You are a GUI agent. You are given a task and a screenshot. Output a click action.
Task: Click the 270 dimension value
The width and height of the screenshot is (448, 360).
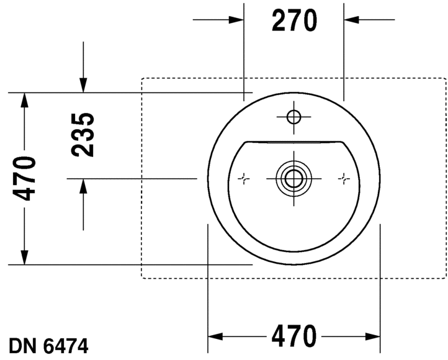[294, 20]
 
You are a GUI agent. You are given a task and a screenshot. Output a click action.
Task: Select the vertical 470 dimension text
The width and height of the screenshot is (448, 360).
[25, 179]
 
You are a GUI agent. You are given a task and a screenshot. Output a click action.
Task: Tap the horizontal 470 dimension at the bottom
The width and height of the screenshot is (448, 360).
[293, 337]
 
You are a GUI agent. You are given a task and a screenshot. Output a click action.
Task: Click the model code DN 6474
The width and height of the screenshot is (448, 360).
[48, 346]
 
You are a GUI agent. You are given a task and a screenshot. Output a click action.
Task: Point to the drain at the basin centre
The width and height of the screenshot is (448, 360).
[293, 178]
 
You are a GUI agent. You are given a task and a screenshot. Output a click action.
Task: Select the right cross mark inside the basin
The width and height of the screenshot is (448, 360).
[343, 179]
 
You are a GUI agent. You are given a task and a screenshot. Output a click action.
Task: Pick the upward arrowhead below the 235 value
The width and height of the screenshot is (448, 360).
[83, 186]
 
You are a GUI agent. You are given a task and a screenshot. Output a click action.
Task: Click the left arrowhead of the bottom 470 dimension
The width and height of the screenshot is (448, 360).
[215, 337]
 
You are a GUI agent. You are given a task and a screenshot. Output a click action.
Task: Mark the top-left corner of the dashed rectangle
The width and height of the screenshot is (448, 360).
[142, 78]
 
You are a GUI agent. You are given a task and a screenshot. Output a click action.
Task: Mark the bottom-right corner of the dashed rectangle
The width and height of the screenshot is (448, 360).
[446, 278]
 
